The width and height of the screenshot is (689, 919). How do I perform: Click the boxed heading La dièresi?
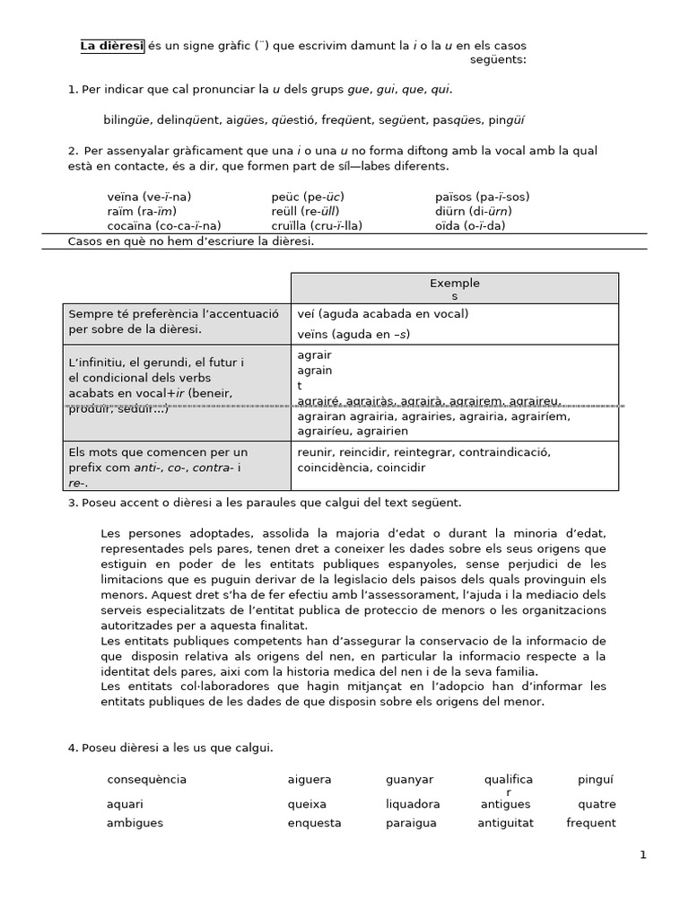112,46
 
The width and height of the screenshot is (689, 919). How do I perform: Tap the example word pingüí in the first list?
504,119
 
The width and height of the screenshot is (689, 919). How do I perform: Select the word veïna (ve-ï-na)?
149,197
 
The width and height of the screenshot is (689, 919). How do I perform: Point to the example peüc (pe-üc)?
308,197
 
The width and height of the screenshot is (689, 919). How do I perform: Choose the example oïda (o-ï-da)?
470,225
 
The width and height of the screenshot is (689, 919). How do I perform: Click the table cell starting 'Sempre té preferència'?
174,321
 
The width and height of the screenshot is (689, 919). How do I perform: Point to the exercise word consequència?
147,780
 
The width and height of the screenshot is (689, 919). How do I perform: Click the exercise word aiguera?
310,780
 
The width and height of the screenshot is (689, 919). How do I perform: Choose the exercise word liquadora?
413,804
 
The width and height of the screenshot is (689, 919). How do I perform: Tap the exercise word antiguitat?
505,823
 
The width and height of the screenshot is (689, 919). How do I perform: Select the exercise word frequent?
591,823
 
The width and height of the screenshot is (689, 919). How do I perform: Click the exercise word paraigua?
412,823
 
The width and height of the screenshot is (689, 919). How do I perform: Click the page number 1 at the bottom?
642,855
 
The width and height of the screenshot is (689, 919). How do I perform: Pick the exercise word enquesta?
314,823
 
